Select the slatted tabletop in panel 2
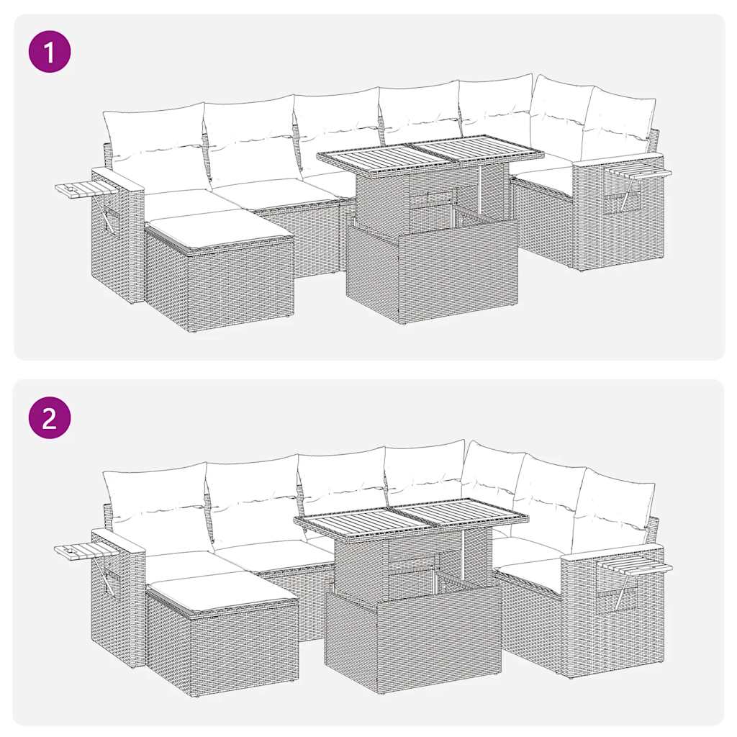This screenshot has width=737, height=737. click(x=410, y=516)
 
